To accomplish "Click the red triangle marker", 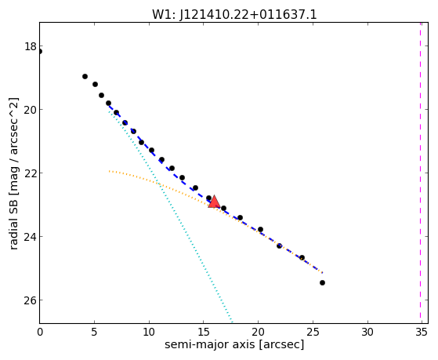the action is pos(214,202).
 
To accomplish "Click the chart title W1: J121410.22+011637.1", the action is pos(234,15).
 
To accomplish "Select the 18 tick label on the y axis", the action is pos(31,46).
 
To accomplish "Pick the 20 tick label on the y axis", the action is pos(31,110).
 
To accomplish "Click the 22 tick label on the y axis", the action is pos(31,173).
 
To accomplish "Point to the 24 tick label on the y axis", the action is pos(31,237).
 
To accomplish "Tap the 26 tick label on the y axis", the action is pos(31,300).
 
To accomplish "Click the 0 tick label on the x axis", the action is pos(40,333).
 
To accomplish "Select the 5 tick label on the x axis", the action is pos(94,333).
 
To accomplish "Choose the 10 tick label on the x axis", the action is pos(149,333).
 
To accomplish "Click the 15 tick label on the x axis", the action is pos(204,333).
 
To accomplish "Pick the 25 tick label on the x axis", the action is pos(313,333).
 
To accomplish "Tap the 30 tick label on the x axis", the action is pos(367,333).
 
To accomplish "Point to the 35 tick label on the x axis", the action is pos(422,333).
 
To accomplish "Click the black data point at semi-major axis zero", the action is pos(40,52).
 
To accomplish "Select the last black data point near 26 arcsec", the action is pos(322,283).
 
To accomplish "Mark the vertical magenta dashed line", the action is pos(420,173).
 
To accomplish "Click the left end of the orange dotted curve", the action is pos(109,171).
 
